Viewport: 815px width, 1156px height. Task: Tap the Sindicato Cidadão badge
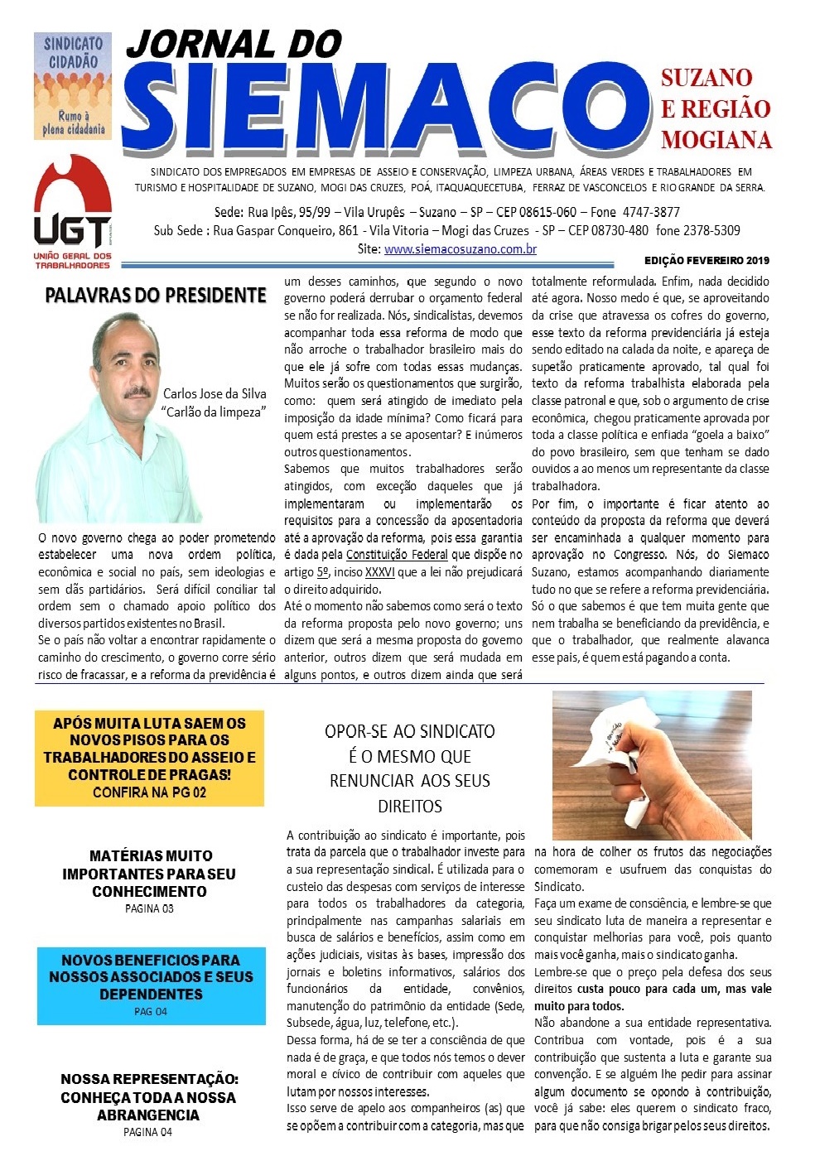point(73,85)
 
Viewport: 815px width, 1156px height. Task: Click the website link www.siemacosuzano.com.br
point(460,248)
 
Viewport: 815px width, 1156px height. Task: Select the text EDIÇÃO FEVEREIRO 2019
point(707,261)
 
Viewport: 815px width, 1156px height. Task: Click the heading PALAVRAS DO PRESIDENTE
point(156,296)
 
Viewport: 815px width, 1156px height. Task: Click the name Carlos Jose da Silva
point(215,393)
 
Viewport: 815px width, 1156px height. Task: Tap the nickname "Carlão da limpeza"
point(215,412)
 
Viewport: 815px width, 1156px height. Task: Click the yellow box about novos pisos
point(149,757)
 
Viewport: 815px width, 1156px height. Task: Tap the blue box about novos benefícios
point(151,985)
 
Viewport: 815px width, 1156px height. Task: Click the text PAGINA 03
point(149,908)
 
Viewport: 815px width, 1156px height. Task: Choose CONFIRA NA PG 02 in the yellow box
point(149,792)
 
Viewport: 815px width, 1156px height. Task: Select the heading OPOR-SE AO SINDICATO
point(409,731)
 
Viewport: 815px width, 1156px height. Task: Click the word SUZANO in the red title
point(706,78)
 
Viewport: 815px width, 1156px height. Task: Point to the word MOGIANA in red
point(716,139)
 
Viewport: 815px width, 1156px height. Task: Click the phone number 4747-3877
point(651,212)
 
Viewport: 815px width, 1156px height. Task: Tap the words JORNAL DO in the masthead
point(234,44)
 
